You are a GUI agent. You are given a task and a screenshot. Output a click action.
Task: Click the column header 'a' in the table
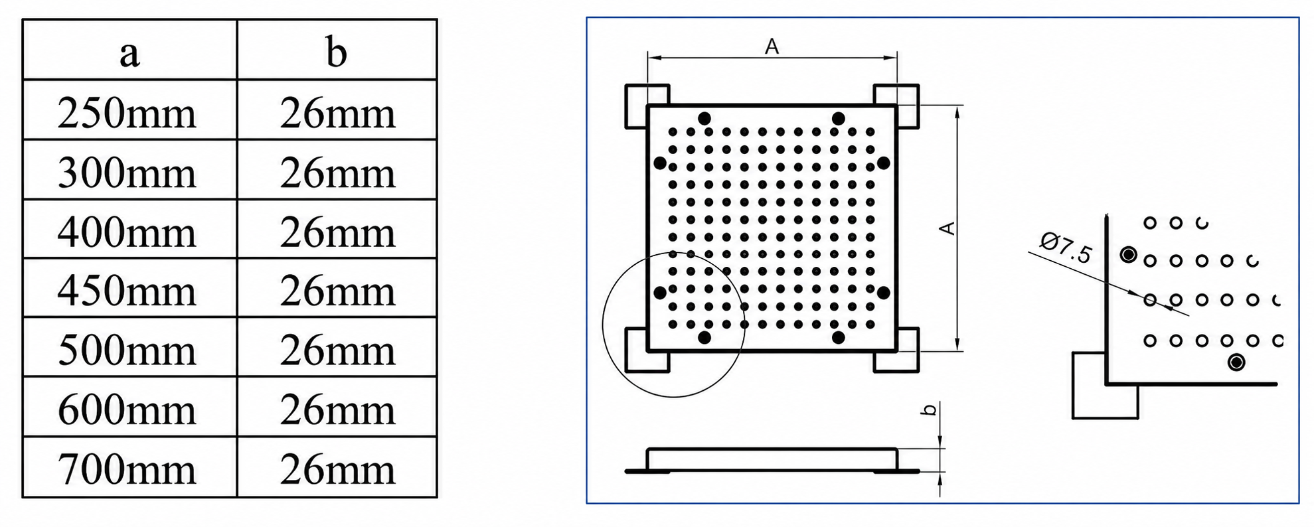coord(129,53)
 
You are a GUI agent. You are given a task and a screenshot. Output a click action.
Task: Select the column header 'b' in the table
coord(337,52)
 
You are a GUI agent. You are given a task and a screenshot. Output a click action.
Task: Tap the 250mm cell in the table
coord(127,113)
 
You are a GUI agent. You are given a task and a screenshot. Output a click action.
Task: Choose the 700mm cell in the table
coord(127,469)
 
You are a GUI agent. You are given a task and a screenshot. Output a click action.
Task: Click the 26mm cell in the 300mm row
coord(337,173)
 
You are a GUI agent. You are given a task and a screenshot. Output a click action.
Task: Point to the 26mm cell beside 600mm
coord(337,410)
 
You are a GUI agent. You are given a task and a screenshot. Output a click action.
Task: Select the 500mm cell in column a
coord(127,350)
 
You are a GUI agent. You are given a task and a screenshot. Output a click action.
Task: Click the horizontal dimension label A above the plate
coord(772,46)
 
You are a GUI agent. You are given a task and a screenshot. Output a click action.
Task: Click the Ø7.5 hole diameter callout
coord(1066,247)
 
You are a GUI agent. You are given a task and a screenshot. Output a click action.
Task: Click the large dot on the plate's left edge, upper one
coord(660,163)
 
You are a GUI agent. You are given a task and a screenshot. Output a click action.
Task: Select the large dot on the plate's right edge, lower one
coord(883,292)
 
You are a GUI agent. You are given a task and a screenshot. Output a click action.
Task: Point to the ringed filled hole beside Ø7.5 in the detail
coord(1128,254)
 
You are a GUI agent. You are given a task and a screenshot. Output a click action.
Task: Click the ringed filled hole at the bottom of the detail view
coord(1236,362)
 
